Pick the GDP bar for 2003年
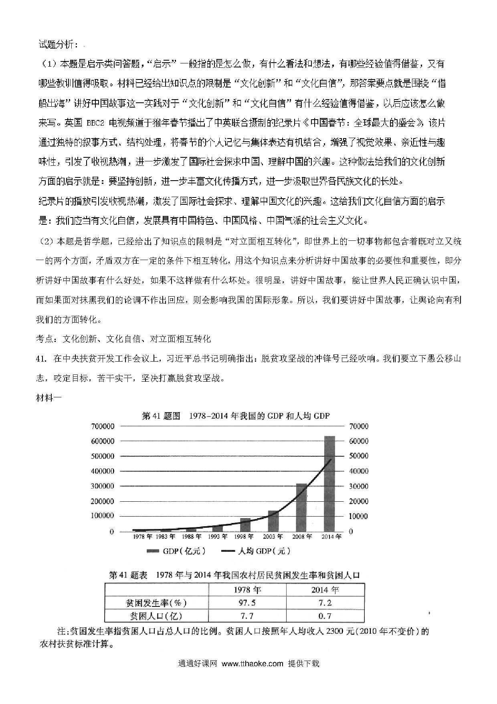pyautogui.click(x=273, y=521)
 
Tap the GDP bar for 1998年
pyautogui.click(x=245, y=525)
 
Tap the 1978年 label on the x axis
pyautogui.click(x=142, y=537)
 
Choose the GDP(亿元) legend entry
pyautogui.click(x=176, y=551)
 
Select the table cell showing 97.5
pyautogui.click(x=247, y=603)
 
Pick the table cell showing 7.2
pyautogui.click(x=325, y=603)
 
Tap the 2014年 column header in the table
pyautogui.click(x=325, y=590)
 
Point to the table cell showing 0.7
pyautogui.click(x=325, y=616)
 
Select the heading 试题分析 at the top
pyautogui.click(x=56, y=45)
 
